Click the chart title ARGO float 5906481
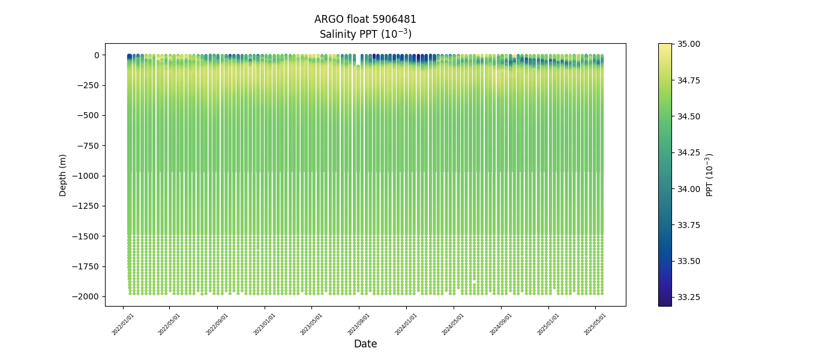365,19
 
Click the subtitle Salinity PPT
365,34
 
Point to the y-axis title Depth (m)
63,175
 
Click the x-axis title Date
365,344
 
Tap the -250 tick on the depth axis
88,85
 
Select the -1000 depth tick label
86,176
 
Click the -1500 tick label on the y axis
86,236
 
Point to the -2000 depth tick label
86,296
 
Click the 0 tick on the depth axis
96,55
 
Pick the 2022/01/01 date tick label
123,324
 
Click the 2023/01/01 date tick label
265,324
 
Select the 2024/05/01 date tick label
453,324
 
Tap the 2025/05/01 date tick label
595,324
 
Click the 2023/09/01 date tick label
359,324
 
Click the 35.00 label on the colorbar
688,44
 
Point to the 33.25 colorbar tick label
688,297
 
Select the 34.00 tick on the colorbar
688,188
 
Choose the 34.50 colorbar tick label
688,116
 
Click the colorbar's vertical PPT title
710,175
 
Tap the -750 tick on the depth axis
88,146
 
